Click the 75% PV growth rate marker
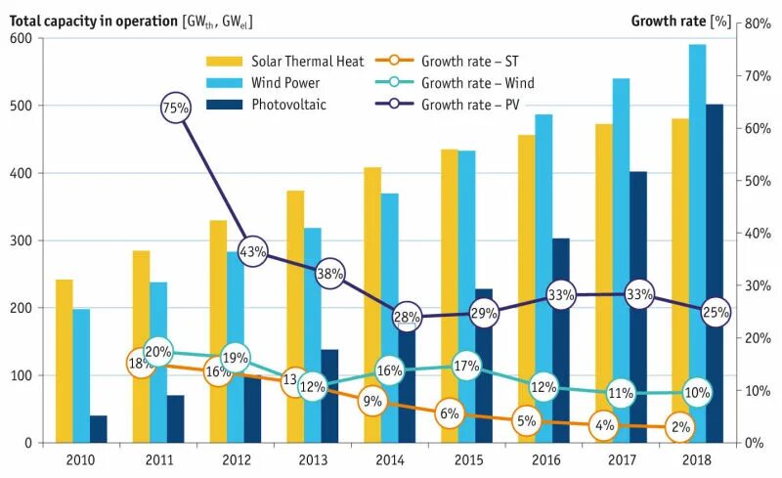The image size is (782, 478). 176,109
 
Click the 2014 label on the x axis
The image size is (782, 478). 389,458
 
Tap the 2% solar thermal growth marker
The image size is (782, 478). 682,427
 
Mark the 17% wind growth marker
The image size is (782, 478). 466,367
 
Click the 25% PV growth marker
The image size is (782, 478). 717,312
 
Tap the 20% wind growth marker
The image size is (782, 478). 158,352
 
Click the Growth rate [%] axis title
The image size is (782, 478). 680,20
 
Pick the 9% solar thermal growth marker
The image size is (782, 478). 371,400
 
